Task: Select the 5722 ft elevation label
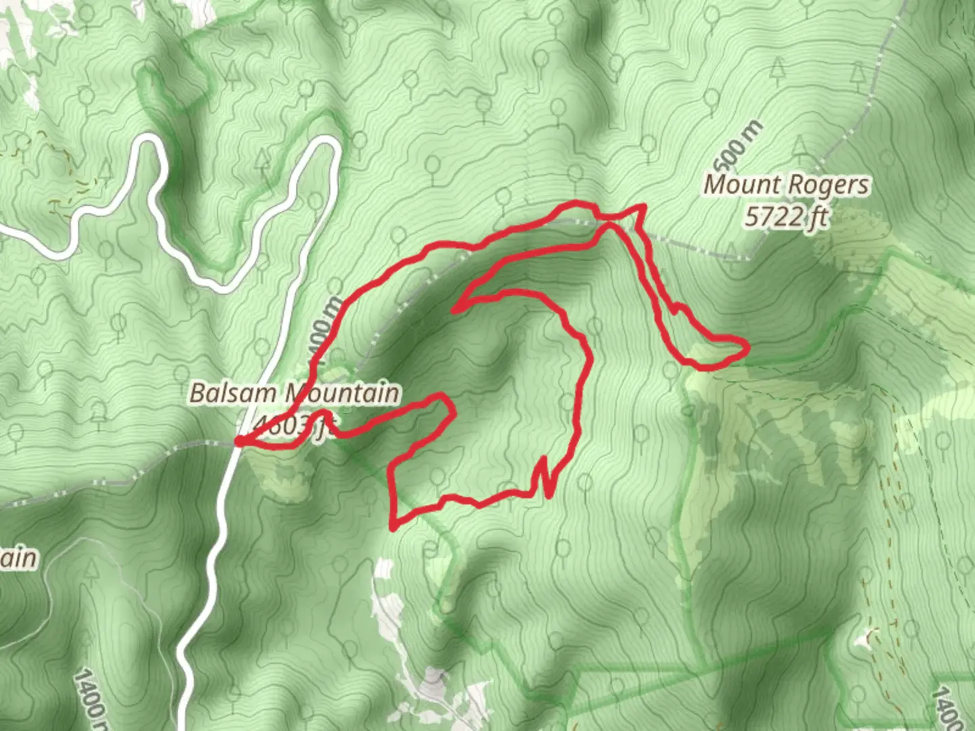coord(785,217)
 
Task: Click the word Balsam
coord(233,393)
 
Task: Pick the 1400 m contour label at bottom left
coord(90,694)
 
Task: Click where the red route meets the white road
coord(239,442)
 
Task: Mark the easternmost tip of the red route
coord(747,348)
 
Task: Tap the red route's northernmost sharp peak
coord(642,206)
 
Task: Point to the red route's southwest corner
coord(393,526)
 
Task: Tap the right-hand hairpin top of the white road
coord(327,143)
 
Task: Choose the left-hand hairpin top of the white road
coord(148,141)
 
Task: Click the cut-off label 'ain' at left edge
coord(18,558)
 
